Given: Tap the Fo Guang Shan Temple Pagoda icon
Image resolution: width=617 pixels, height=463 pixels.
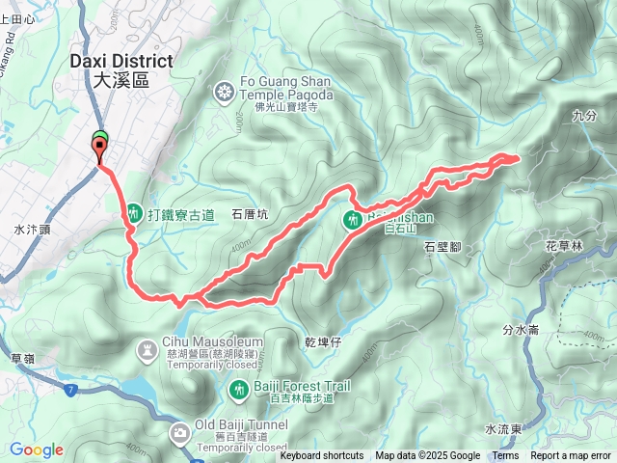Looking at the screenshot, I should [224, 92].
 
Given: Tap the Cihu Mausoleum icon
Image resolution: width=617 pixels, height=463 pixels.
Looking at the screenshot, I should [147, 347].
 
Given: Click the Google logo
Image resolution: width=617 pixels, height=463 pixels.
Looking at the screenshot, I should [36, 449].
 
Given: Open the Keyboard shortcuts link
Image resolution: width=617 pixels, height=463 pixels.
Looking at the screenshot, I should [321, 456].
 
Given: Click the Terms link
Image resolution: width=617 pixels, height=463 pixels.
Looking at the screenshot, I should [505, 456].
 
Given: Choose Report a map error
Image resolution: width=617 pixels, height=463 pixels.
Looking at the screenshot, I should [572, 456].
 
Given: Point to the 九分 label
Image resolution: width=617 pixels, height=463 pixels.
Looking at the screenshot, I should [585, 115].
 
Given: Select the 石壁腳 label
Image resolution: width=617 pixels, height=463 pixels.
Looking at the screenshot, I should [443, 246].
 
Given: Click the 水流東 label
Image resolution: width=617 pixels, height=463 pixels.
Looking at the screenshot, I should [502, 428].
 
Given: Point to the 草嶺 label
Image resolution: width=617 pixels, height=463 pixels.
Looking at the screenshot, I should [22, 358].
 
